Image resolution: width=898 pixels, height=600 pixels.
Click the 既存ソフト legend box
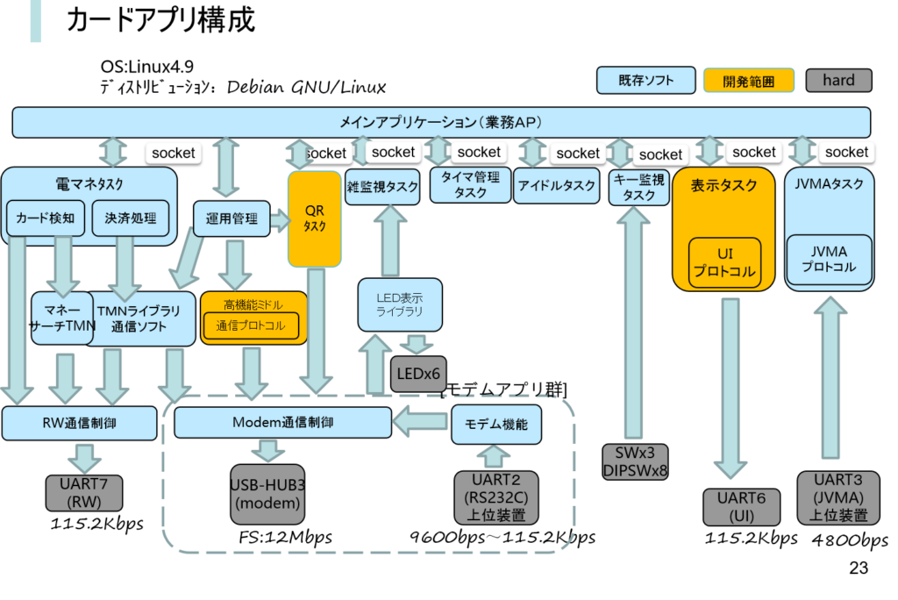pyautogui.click(x=645, y=81)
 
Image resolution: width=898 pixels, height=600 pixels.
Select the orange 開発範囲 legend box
pyautogui.click(x=748, y=81)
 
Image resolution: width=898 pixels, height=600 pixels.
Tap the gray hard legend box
pyautogui.click(x=837, y=81)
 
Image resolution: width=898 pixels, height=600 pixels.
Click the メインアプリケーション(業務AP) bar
pyautogui.click(x=441, y=122)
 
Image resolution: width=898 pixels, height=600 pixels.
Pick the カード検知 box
pyautogui.click(x=45, y=218)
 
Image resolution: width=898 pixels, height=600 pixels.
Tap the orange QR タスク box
pyautogui.click(x=314, y=218)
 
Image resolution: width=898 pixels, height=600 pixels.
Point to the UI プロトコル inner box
pyautogui.click(x=723, y=261)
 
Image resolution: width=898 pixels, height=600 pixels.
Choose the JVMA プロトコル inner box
pyautogui.click(x=829, y=259)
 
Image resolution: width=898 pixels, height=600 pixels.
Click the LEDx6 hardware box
pyautogui.click(x=418, y=375)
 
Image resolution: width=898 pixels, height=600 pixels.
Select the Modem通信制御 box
pyautogui.click(x=282, y=422)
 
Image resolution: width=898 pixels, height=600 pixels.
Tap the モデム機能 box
pyautogui.click(x=495, y=425)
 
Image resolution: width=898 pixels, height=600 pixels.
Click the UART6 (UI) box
pyautogui.click(x=741, y=507)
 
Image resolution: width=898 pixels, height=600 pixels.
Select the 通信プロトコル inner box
pyautogui.click(x=250, y=325)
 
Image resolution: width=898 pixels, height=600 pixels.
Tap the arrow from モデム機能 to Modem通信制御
pyautogui.click(x=421, y=423)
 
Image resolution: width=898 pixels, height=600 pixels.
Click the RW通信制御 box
pyautogui.click(x=79, y=423)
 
